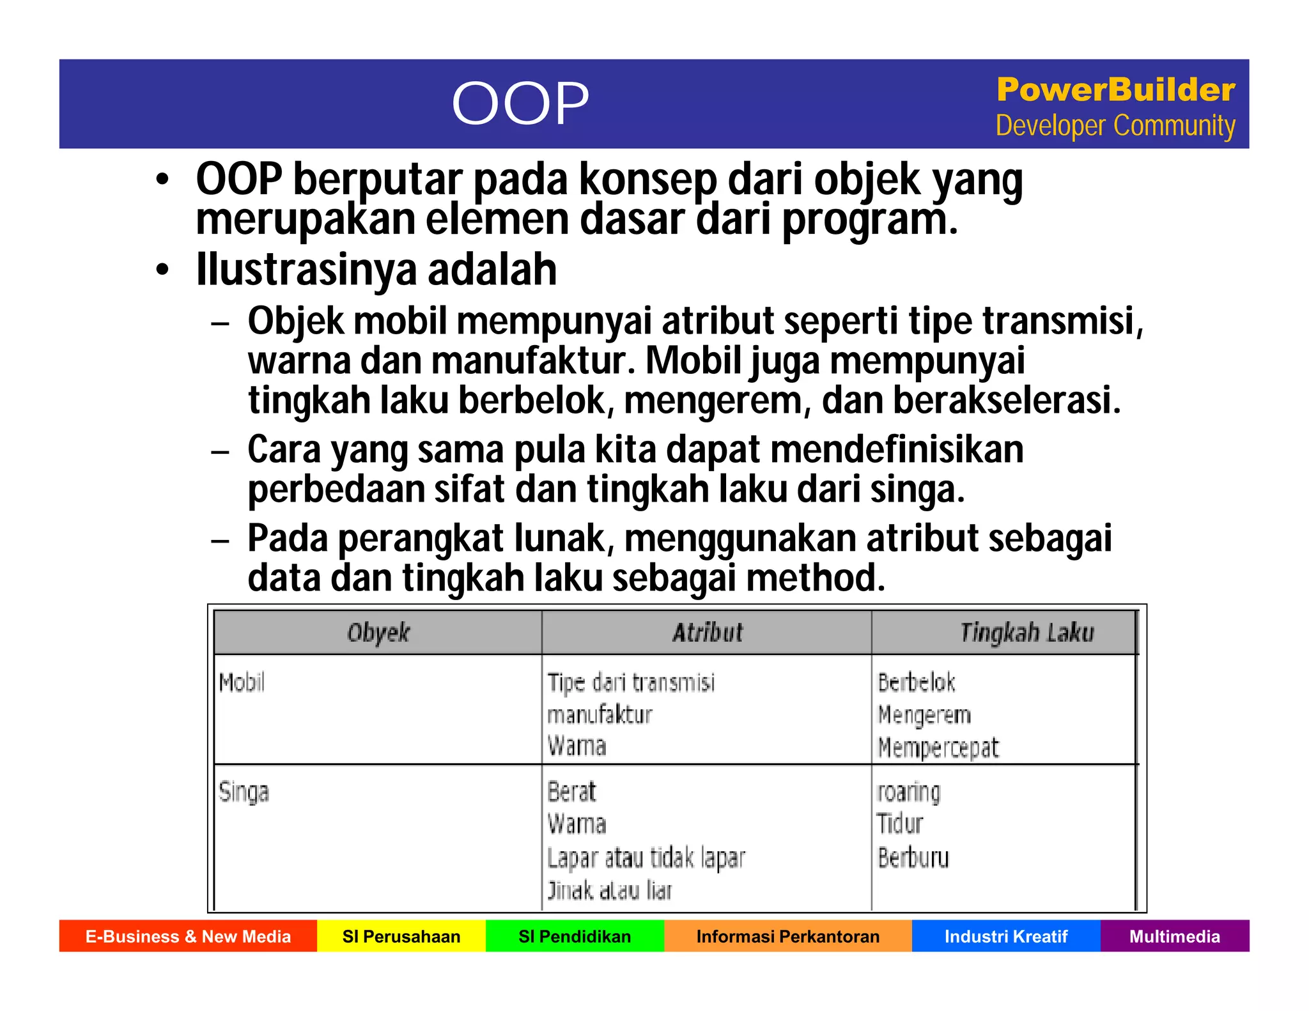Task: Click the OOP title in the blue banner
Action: coord(520,104)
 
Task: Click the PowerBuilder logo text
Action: coord(1115,89)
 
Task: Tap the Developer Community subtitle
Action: coord(1115,126)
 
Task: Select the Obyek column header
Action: coord(378,633)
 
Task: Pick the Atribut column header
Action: coord(708,633)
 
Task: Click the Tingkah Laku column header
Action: coord(1026,633)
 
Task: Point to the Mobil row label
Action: coord(242,683)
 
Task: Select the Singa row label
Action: coord(244,792)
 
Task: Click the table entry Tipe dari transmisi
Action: coord(631,683)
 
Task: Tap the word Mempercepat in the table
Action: coord(938,748)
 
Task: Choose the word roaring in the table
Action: coord(908,792)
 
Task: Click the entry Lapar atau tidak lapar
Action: coord(646,858)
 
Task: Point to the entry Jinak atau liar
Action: coord(610,890)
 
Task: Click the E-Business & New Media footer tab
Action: coord(188,936)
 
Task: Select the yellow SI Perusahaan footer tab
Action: coord(401,936)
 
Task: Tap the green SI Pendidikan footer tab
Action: coord(575,936)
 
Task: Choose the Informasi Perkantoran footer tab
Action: coord(787,936)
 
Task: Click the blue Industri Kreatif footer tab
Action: coord(1006,936)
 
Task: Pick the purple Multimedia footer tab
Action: coord(1175,936)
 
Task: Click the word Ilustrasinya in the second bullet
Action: coord(306,270)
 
